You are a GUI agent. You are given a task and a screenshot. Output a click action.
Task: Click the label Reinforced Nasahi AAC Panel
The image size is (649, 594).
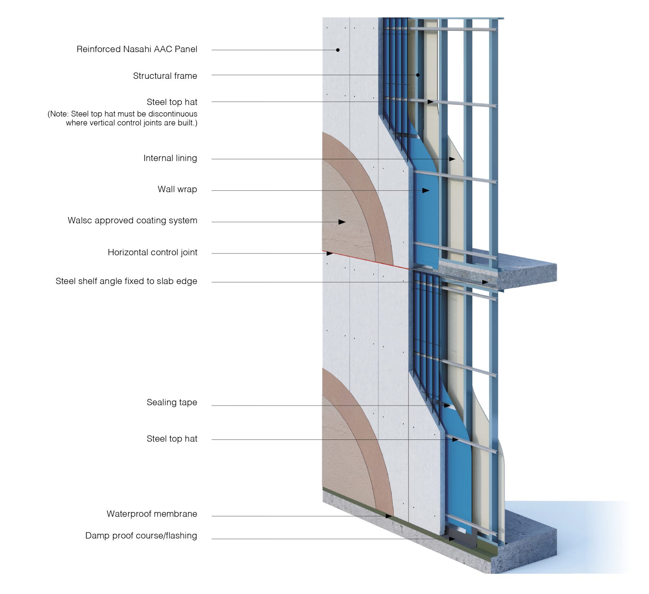[x=137, y=49]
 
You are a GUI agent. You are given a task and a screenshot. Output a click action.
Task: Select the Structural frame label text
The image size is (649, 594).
[x=165, y=76]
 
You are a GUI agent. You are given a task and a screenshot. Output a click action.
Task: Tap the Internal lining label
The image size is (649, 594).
[x=170, y=158]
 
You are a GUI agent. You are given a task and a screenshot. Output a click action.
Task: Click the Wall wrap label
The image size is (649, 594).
[x=177, y=189]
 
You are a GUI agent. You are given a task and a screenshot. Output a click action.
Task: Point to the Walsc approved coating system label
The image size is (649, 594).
[x=132, y=220]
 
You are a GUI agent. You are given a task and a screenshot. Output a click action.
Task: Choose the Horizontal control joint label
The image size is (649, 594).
[x=152, y=253]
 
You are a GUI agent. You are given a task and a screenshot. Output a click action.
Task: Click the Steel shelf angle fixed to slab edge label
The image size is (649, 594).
[x=126, y=281]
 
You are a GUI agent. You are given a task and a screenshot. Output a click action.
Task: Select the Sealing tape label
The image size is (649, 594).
[x=172, y=402]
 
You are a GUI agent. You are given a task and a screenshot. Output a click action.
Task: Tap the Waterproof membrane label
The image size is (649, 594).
[x=152, y=514]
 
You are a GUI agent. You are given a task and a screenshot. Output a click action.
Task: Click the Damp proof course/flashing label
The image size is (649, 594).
[x=141, y=536]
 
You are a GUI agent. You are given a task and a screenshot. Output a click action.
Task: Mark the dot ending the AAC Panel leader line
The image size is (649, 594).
[x=338, y=50]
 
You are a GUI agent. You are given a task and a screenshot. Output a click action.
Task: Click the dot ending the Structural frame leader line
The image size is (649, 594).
[x=418, y=75]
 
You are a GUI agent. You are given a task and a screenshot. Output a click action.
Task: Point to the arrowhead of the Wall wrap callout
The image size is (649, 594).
[x=426, y=191]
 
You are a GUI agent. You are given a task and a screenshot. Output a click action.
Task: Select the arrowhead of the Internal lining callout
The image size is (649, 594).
[x=452, y=159]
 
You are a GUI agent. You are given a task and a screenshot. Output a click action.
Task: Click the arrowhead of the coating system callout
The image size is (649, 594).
[x=342, y=222]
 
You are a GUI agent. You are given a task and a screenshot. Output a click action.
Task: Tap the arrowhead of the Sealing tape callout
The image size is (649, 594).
[x=447, y=405]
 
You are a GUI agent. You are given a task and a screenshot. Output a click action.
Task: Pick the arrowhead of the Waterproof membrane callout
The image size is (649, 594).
[x=389, y=516]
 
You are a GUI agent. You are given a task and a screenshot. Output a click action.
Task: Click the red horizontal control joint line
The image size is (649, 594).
[x=368, y=261]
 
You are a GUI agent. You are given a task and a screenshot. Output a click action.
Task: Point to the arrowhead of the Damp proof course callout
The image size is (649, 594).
[x=452, y=539]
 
